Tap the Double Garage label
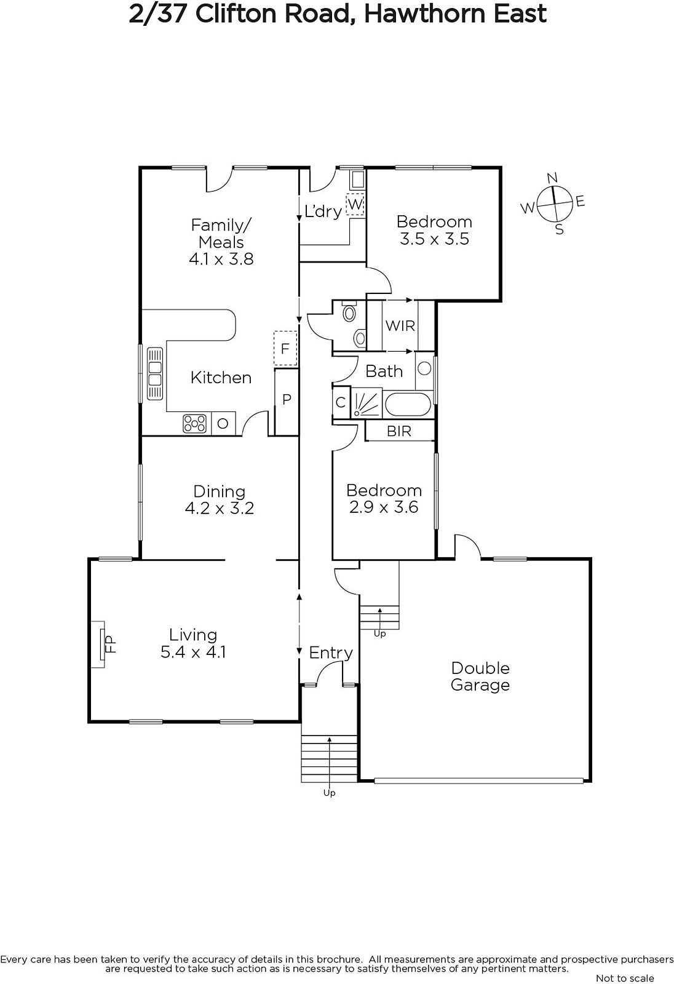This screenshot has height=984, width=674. pyautogui.click(x=480, y=676)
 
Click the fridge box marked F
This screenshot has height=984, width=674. pyautogui.click(x=285, y=348)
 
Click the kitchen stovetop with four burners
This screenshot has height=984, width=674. pyautogui.click(x=195, y=424)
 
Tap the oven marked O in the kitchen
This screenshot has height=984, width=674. pyautogui.click(x=223, y=424)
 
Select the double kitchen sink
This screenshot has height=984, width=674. pyautogui.click(x=154, y=373)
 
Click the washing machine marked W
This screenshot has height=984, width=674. pyautogui.click(x=355, y=204)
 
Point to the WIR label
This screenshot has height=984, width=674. pyautogui.click(x=400, y=326)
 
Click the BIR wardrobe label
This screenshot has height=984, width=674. pyautogui.click(x=399, y=431)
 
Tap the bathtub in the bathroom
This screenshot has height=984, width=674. pyautogui.click(x=408, y=404)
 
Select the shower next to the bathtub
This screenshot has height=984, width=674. pyautogui.click(x=366, y=403)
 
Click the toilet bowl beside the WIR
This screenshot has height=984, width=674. pyautogui.click(x=349, y=313)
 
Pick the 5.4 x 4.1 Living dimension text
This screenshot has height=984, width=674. pyautogui.click(x=193, y=651)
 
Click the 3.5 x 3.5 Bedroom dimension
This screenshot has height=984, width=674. pyautogui.click(x=435, y=239)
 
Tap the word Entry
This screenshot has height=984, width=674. pyautogui.click(x=331, y=653)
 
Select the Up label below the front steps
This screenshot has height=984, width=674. pyautogui.click(x=330, y=793)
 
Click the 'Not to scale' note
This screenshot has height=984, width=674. pyautogui.click(x=625, y=978)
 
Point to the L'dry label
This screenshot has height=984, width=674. pyautogui.click(x=323, y=212)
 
